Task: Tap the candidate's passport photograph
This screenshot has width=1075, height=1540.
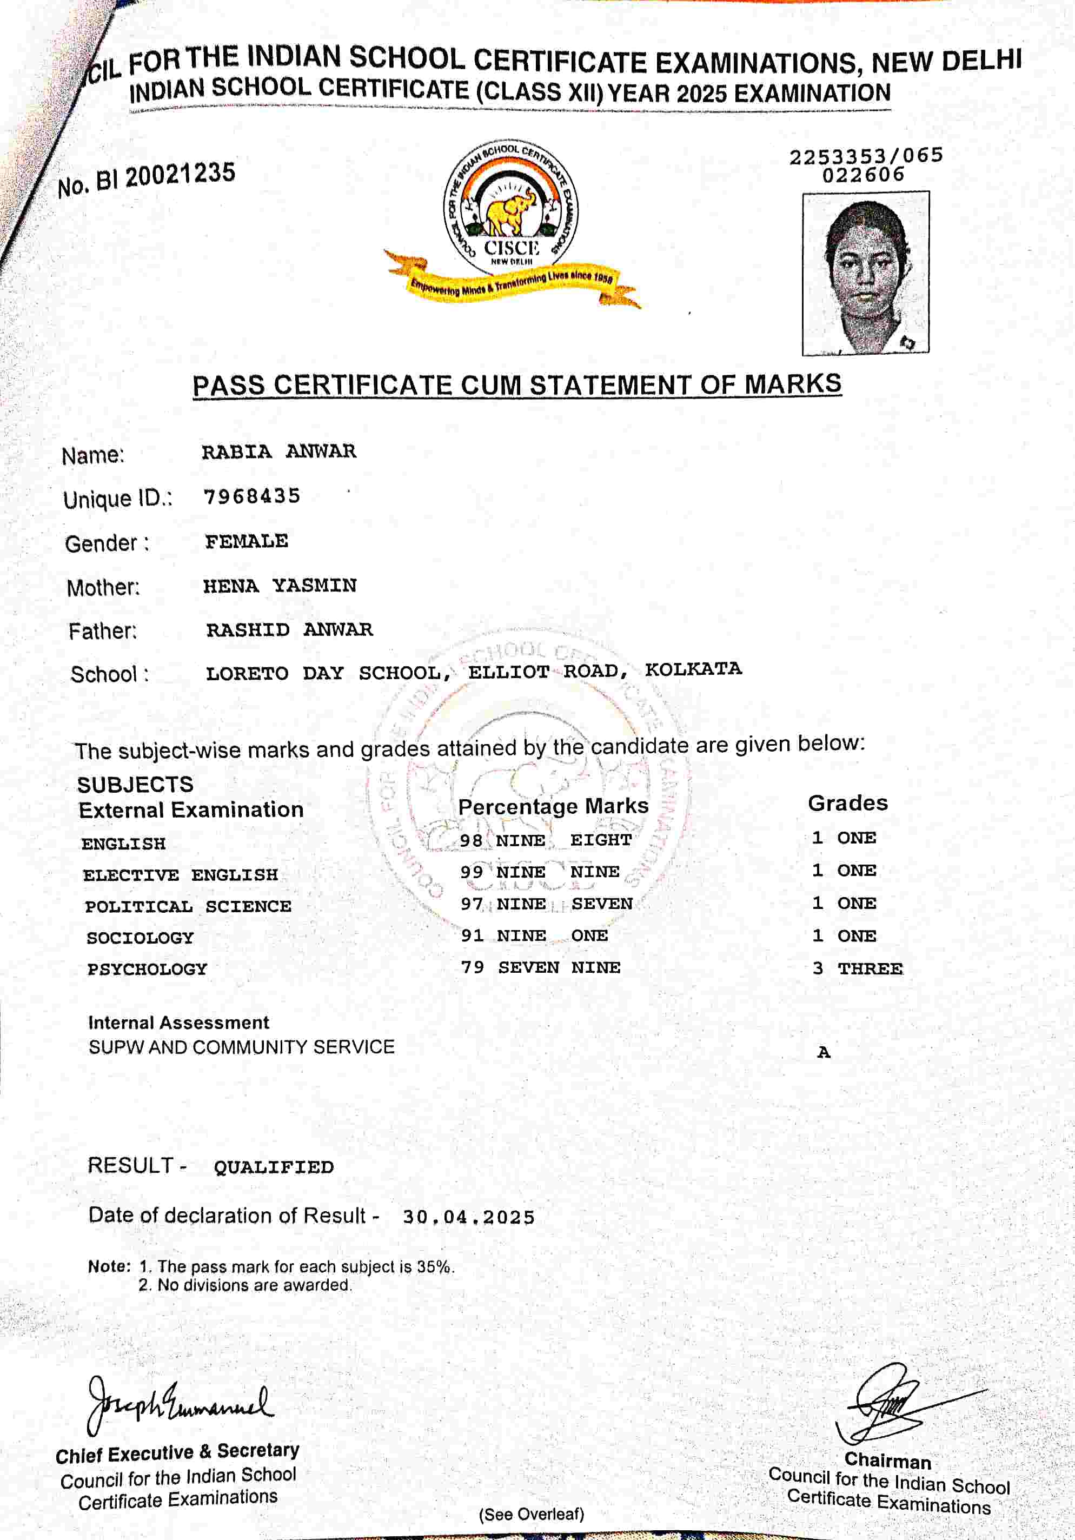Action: [865, 273]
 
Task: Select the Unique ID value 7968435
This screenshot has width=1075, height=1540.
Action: [251, 496]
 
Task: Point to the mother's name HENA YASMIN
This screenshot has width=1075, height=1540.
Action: [280, 586]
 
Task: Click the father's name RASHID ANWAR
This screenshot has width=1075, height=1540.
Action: [289, 630]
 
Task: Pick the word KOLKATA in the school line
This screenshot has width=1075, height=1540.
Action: [693, 669]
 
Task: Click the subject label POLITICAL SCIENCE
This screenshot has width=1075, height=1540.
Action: [188, 906]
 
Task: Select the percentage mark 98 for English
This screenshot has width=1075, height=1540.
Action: [472, 840]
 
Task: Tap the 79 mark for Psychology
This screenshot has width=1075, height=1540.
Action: [472, 967]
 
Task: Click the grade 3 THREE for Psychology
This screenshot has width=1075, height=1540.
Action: [858, 968]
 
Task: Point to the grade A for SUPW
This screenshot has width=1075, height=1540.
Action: [824, 1052]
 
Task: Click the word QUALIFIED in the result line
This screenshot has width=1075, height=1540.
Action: [274, 1167]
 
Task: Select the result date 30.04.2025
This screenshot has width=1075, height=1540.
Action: [468, 1217]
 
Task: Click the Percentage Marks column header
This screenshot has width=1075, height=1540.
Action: [553, 806]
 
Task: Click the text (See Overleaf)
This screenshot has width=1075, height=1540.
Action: [531, 1515]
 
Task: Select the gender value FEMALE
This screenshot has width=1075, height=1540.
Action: [246, 541]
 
